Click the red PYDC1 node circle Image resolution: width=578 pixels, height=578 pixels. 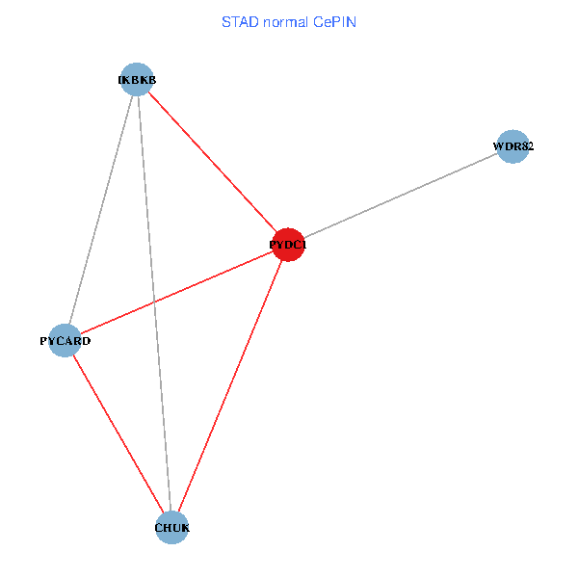click(x=289, y=245)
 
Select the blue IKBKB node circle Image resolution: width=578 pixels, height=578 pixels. click(x=138, y=79)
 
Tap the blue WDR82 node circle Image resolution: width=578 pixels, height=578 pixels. click(x=513, y=147)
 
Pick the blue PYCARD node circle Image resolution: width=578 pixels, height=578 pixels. click(x=65, y=340)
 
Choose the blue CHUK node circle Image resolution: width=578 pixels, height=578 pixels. click(x=171, y=527)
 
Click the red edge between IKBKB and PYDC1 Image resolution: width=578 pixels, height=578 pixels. click(x=213, y=162)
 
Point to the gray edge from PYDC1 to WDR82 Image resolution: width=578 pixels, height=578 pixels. click(x=401, y=197)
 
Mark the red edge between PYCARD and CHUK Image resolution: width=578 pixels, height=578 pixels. click(x=118, y=433)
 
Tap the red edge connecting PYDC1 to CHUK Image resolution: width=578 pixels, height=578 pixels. click(x=230, y=385)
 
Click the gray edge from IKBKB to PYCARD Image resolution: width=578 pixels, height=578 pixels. click(x=101, y=209)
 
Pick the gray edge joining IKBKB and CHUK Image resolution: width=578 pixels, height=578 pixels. click(x=154, y=302)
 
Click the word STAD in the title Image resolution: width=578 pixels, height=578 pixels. click(x=239, y=21)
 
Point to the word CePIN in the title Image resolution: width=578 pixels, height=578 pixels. click(x=335, y=21)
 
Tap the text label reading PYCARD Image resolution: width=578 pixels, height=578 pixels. click(x=65, y=341)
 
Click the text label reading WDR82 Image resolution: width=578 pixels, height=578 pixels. click(x=513, y=147)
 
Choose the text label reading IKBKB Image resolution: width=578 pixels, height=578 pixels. click(x=137, y=81)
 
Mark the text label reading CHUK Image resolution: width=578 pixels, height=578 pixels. click(x=172, y=528)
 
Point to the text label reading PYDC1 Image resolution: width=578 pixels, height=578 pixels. click(x=288, y=246)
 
